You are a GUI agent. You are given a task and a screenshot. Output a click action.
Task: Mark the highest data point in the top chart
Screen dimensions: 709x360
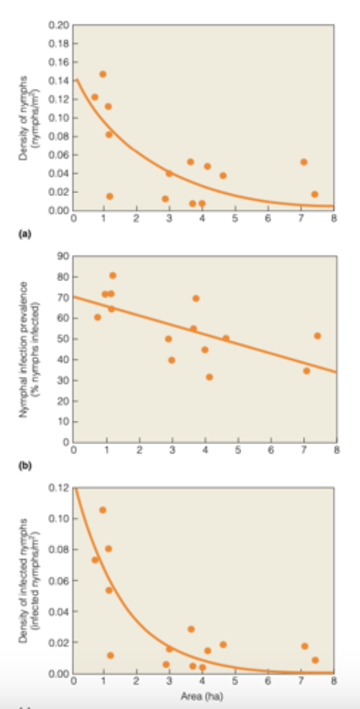click(103, 74)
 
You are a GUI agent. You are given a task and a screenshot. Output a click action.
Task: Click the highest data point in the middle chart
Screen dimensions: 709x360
click(113, 275)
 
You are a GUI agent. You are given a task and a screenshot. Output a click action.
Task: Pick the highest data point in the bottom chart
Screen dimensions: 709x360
click(103, 510)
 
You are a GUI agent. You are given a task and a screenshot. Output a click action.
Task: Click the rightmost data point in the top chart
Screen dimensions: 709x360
click(314, 194)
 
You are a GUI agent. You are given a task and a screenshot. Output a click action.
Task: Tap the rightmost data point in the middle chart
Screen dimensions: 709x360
click(317, 336)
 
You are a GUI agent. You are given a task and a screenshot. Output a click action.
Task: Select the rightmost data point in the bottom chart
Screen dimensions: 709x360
click(315, 660)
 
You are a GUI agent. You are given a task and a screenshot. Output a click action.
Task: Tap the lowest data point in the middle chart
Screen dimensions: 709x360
click(209, 377)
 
